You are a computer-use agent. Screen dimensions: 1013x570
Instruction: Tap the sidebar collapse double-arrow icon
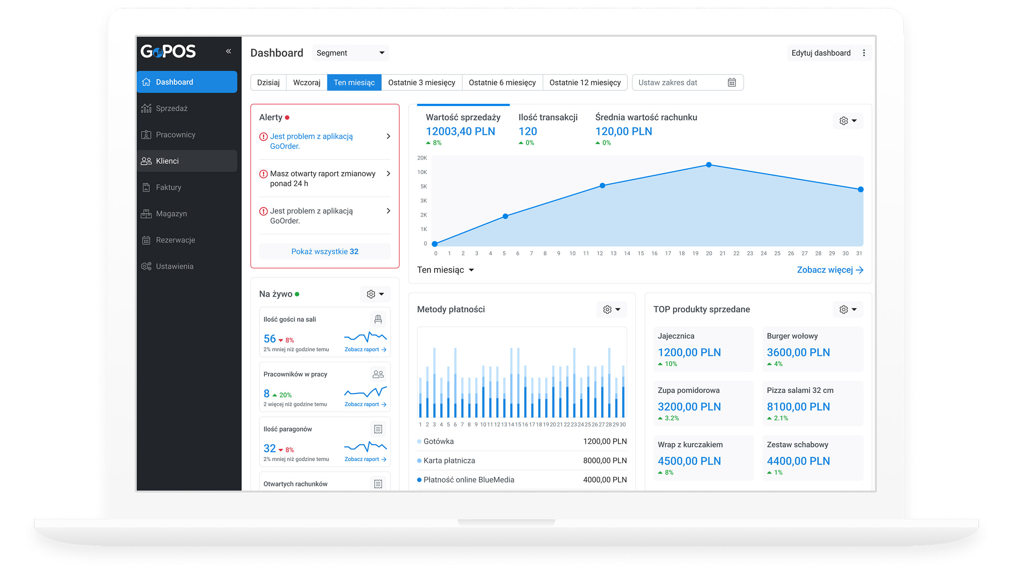tap(228, 51)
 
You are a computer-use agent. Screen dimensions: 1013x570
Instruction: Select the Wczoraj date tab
tap(307, 82)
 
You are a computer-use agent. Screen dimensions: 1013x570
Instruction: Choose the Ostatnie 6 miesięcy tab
tap(502, 82)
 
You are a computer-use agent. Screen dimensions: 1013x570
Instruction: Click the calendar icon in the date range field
tap(732, 82)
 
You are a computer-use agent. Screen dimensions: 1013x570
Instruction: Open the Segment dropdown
tap(350, 53)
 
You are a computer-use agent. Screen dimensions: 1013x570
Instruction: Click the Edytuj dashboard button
tap(821, 53)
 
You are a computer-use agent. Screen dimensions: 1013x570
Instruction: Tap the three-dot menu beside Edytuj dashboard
tap(864, 53)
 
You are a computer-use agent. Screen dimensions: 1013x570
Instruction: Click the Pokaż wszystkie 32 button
tap(324, 251)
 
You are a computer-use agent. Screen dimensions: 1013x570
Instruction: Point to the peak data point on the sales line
tap(709, 165)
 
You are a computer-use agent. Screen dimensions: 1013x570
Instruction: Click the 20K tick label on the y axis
tap(422, 158)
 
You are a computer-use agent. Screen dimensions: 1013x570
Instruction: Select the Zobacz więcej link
tap(830, 270)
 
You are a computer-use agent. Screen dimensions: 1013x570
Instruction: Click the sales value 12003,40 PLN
tap(460, 131)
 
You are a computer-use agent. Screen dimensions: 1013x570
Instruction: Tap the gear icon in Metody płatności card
tap(607, 310)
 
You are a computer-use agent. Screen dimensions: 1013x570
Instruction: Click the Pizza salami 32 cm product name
tap(800, 390)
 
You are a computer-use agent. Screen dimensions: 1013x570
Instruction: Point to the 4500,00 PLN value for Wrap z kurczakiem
tap(689, 461)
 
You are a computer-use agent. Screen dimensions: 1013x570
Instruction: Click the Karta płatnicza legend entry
tap(446, 461)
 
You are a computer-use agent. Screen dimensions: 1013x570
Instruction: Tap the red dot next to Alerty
tap(287, 118)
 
